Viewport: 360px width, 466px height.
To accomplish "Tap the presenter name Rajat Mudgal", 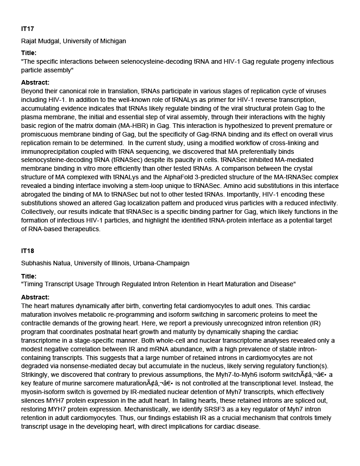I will click(41, 41).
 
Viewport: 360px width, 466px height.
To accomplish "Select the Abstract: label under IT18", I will click(35, 297).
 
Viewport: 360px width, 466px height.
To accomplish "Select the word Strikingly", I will click(36, 375).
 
